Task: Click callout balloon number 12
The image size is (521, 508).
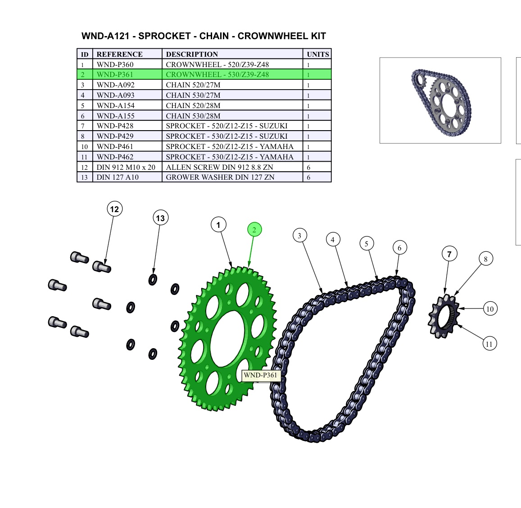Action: pyautogui.click(x=114, y=209)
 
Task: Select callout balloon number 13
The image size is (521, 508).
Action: pyautogui.click(x=160, y=218)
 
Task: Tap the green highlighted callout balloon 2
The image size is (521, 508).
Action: pyautogui.click(x=254, y=230)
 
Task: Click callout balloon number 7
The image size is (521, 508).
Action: pyautogui.click(x=449, y=254)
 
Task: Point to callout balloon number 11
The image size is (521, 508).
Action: pyautogui.click(x=489, y=344)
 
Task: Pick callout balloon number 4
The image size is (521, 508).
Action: pyautogui.click(x=333, y=240)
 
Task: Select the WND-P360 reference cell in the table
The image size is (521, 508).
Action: pyautogui.click(x=115, y=64)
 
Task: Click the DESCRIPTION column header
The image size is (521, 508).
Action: pyautogui.click(x=192, y=54)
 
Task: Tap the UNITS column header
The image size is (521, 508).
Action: pyautogui.click(x=317, y=54)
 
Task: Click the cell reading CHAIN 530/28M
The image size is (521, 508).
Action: pyautogui.click(x=193, y=116)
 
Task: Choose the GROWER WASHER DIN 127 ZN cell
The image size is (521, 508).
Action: pyautogui.click(x=220, y=177)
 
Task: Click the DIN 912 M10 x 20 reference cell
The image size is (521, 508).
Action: pyautogui.click(x=126, y=167)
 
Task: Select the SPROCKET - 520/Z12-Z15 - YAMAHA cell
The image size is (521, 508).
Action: pyautogui.click(x=230, y=146)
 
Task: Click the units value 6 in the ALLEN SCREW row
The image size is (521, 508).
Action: pyautogui.click(x=309, y=167)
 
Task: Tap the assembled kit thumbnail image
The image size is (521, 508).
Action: pyautogui.click(x=440, y=100)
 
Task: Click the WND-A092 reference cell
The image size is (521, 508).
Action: pyautogui.click(x=116, y=85)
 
